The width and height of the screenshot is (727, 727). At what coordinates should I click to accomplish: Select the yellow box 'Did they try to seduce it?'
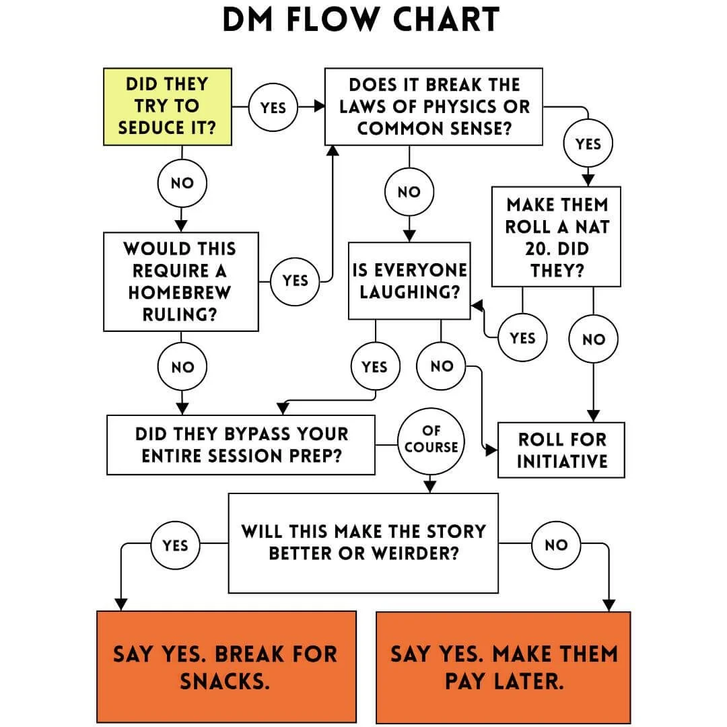pos(168,106)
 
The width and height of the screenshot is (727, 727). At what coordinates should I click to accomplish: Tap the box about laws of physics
pos(434,106)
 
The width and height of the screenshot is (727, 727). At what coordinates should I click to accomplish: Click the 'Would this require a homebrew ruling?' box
pos(180,281)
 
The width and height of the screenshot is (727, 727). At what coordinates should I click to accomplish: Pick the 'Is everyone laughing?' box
pos(409,281)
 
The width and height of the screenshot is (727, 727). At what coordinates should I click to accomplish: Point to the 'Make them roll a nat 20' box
pos(557,237)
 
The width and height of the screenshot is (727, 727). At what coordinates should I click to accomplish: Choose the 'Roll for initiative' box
pos(561,450)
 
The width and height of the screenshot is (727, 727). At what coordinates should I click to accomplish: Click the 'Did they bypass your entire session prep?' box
pos(241,444)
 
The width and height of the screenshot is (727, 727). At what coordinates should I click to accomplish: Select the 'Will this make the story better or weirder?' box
pos(363,542)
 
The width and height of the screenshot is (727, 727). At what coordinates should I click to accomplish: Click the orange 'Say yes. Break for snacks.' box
pos(226,666)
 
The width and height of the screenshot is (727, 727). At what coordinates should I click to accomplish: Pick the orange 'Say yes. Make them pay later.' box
pos(504,666)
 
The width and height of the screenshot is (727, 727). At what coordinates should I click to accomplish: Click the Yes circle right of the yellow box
pos(273,107)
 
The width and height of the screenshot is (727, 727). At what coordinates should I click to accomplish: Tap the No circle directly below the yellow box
pos(182,183)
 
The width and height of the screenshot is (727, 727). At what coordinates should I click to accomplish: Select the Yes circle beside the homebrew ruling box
pos(295,281)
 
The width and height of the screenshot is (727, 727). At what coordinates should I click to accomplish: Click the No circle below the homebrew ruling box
pos(182,367)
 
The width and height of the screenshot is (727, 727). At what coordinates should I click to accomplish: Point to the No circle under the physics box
pos(409,192)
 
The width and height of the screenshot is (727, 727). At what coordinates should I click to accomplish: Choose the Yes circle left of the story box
pos(175,545)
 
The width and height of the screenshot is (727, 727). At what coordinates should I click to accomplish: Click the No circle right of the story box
pos(556,545)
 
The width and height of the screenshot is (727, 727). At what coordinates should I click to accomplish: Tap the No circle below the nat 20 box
pos(593,339)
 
